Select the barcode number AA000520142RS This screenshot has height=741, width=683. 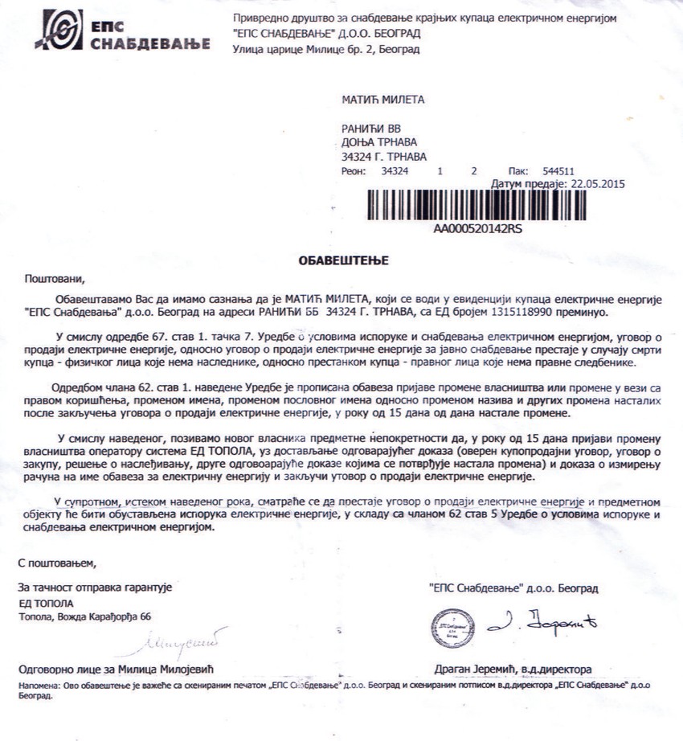[x=477, y=228]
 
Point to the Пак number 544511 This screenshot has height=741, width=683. [x=558, y=171]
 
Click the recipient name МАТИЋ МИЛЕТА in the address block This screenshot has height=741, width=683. [x=382, y=100]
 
